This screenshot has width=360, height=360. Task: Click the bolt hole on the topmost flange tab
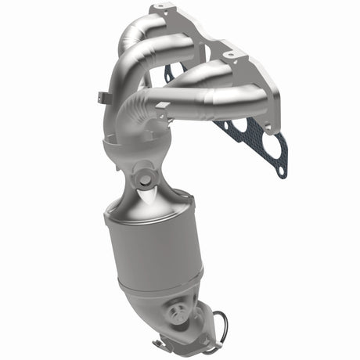(162, 9)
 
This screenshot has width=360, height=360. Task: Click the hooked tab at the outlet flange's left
(160, 344)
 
